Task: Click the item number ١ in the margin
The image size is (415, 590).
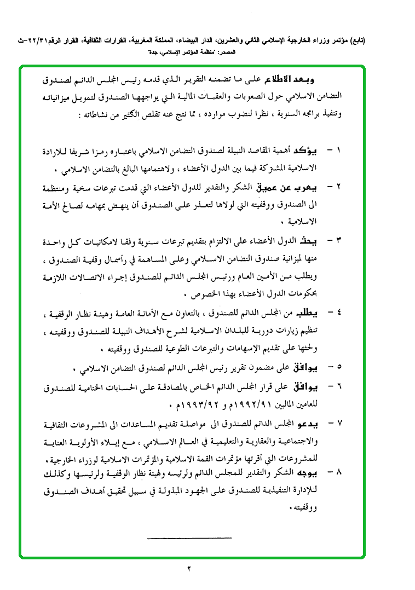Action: click(337, 150)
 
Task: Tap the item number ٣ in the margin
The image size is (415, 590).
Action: click(338, 240)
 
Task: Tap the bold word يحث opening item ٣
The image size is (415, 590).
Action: click(316, 240)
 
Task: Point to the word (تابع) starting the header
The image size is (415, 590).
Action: click(358, 41)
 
